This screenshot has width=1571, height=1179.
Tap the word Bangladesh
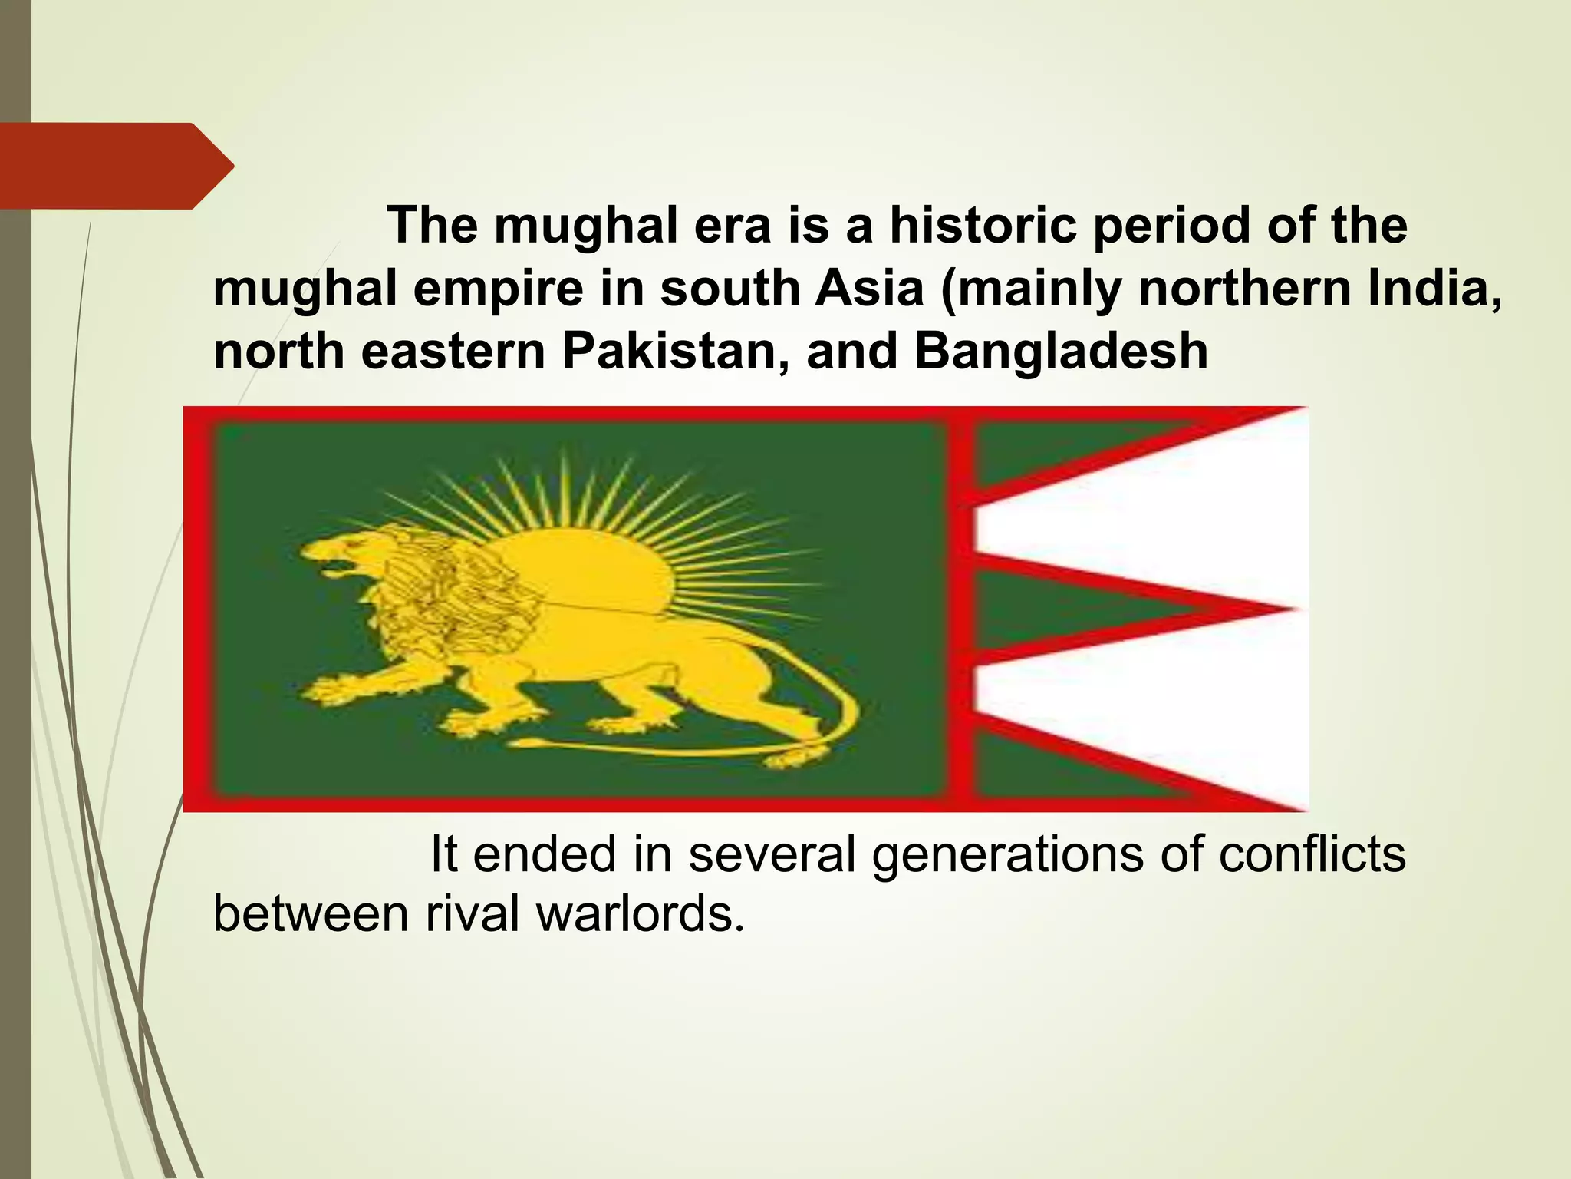(x=1061, y=352)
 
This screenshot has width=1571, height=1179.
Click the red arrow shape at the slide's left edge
(x=115, y=166)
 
